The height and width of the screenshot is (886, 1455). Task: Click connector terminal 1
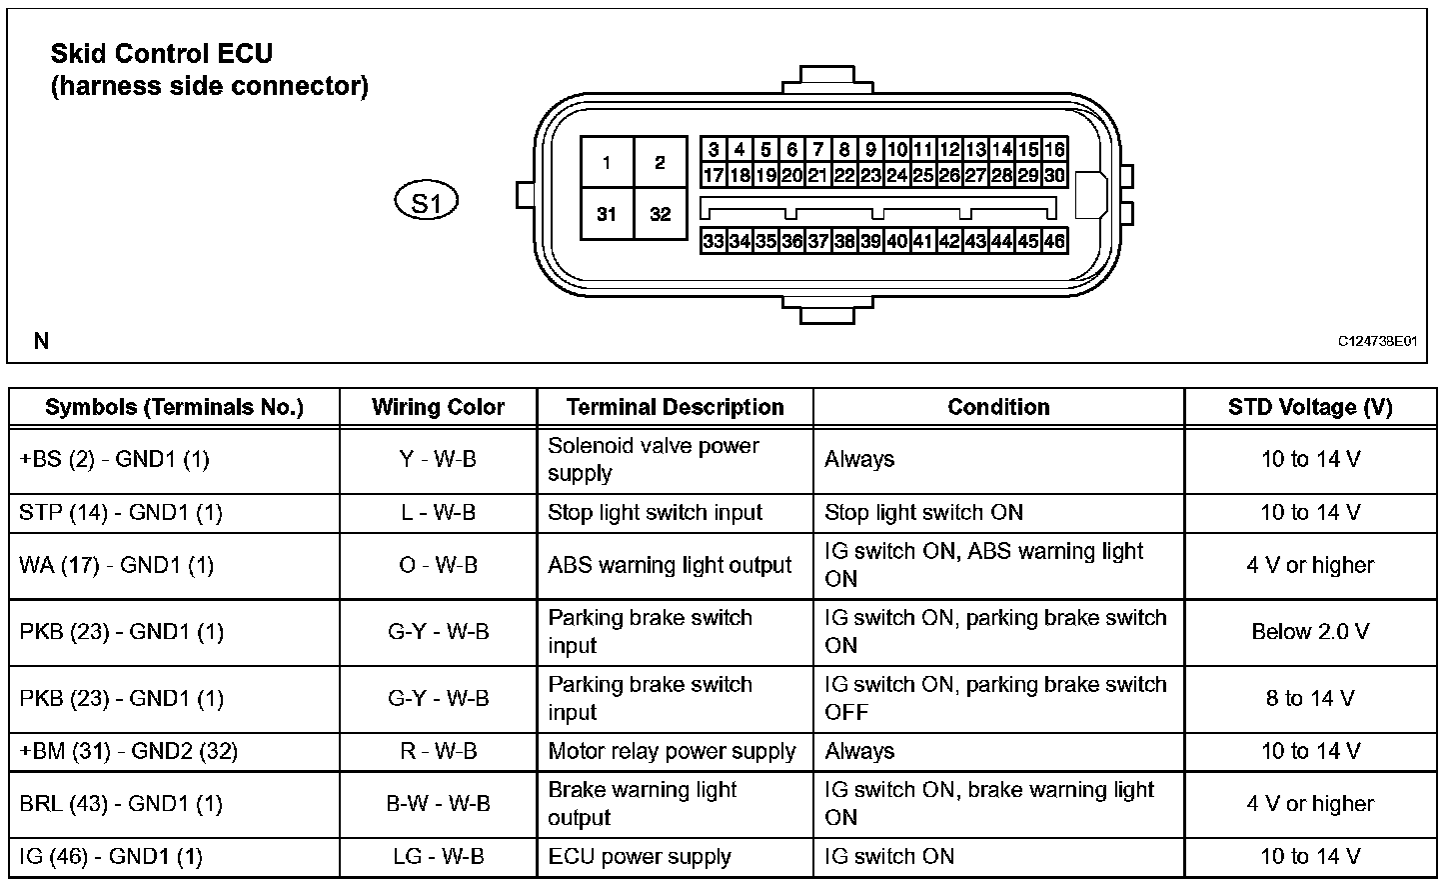pyautogui.click(x=607, y=162)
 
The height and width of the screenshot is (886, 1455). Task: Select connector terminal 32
pyautogui.click(x=661, y=214)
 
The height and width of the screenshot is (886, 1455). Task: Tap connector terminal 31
pyautogui.click(x=607, y=214)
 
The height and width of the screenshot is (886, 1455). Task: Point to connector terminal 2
pyautogui.click(x=661, y=162)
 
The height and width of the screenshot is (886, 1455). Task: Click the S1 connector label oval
pyautogui.click(x=427, y=203)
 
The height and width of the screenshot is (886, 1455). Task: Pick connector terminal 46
pyautogui.click(x=1055, y=241)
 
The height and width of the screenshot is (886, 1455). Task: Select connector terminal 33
pyautogui.click(x=714, y=241)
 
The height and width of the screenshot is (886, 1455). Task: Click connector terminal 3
pyautogui.click(x=714, y=150)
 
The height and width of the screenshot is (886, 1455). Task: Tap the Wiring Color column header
pyautogui.click(x=438, y=407)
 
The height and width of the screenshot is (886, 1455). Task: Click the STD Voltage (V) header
pyautogui.click(x=1310, y=407)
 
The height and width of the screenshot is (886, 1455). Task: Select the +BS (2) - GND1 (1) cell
pyautogui.click(x=115, y=459)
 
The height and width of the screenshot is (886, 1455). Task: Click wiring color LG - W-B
pyautogui.click(x=438, y=857)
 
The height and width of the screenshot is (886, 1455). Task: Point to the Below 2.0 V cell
pyautogui.click(x=1310, y=632)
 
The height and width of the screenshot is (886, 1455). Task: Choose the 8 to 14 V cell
pyautogui.click(x=1310, y=698)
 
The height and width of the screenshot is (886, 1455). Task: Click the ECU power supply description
pyautogui.click(x=640, y=857)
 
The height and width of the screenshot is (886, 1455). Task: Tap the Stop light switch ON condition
pyautogui.click(x=923, y=513)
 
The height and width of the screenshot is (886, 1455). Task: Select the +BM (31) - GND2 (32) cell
pyautogui.click(x=128, y=751)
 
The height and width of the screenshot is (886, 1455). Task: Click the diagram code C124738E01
pyautogui.click(x=1378, y=341)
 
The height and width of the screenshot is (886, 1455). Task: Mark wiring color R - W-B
pyautogui.click(x=438, y=751)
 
